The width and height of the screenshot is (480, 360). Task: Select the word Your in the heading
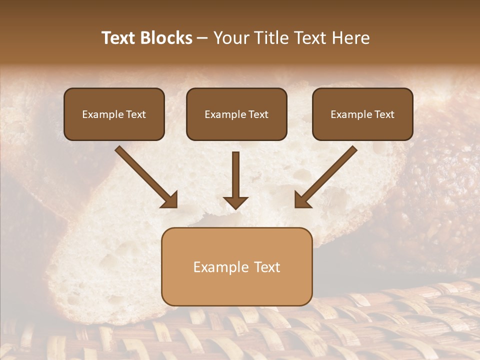pyautogui.click(x=230, y=38)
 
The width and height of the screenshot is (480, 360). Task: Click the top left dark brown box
pyautogui.click(x=114, y=114)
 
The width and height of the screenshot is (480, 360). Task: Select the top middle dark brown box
pyautogui.click(x=236, y=114)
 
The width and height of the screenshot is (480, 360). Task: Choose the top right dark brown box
pyautogui.click(x=362, y=114)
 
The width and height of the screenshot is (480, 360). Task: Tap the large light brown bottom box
pyautogui.click(x=236, y=266)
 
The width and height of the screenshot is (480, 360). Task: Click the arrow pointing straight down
pyautogui.click(x=236, y=177)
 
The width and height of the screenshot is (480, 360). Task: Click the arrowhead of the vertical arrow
pyautogui.click(x=236, y=202)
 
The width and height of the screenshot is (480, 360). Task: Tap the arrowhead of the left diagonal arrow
pyautogui.click(x=170, y=200)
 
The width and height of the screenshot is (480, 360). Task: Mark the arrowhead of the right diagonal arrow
pyautogui.click(x=302, y=200)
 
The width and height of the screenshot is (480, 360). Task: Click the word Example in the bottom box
pyautogui.click(x=220, y=267)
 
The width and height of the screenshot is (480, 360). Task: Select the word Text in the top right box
pyautogui.click(x=384, y=114)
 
